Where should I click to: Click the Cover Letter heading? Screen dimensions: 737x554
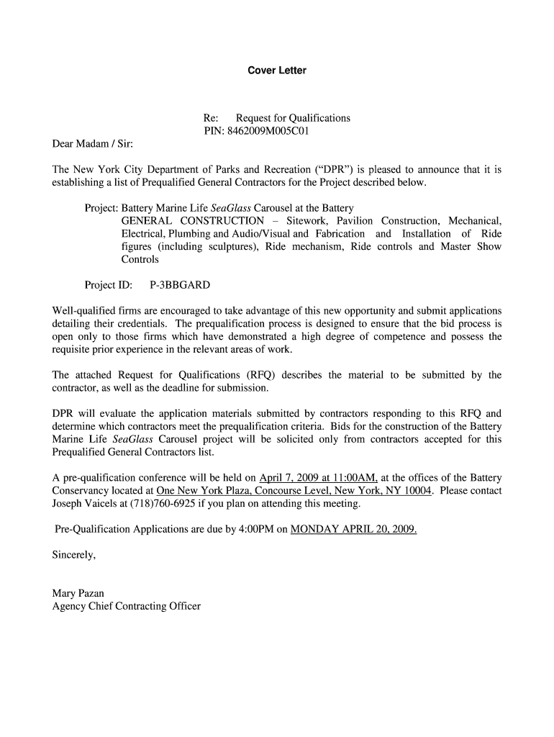pos(277,71)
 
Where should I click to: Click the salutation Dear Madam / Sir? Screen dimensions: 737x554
pos(92,144)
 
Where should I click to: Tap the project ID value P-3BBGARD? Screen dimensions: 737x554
pos(180,285)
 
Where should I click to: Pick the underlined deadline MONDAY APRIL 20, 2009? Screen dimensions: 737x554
pos(353,530)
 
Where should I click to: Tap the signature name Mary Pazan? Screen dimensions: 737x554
pos(78,593)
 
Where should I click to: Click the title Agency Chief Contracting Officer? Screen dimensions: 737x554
pos(126,606)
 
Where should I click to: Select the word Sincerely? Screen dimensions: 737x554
pos(73,555)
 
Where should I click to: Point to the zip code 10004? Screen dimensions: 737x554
pos(417,491)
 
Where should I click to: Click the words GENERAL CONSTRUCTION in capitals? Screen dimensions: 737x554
pos(192,221)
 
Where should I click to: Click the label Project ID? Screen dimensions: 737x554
pos(108,285)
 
